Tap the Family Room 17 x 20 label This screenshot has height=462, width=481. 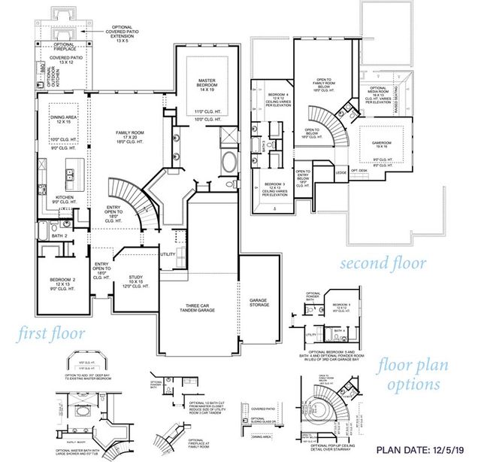tap(130, 135)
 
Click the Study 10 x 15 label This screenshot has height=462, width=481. tap(135, 280)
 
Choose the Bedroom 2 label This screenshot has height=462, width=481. tap(59, 277)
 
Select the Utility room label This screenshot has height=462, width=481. tap(168, 254)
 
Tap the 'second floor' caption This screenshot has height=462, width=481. tap(383, 263)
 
